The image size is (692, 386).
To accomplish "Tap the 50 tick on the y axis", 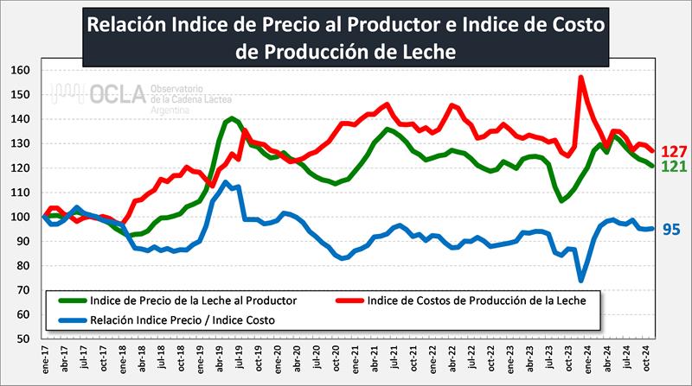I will (23, 339).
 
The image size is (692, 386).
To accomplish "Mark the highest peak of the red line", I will (580, 77).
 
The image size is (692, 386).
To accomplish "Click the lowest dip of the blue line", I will (581, 280).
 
